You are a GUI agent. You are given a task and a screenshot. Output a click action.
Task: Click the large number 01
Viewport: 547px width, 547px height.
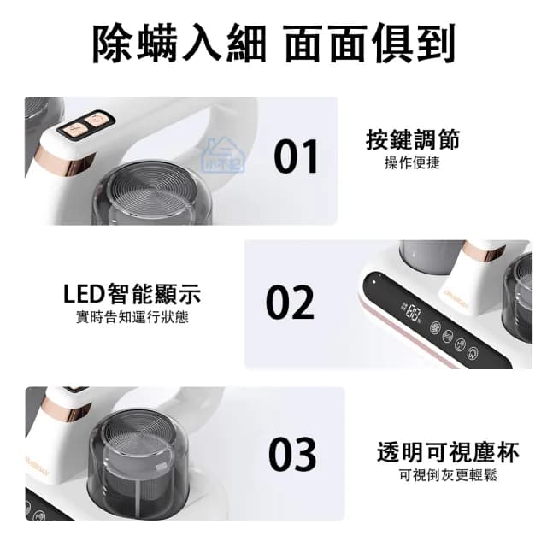click(x=296, y=156)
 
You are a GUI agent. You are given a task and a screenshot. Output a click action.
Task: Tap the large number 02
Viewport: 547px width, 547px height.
click(x=290, y=302)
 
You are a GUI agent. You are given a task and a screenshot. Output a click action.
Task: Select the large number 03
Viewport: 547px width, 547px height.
click(x=292, y=453)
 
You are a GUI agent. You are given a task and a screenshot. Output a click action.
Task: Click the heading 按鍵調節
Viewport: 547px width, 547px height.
click(x=412, y=139)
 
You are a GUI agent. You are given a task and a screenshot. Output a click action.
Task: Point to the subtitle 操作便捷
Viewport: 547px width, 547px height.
click(x=412, y=163)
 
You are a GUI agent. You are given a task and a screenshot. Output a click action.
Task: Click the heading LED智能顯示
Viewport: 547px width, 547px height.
click(x=132, y=294)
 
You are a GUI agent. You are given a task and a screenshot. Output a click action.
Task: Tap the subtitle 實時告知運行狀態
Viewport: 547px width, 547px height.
click(x=132, y=317)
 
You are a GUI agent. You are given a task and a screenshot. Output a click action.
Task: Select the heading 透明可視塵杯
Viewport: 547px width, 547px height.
click(x=448, y=452)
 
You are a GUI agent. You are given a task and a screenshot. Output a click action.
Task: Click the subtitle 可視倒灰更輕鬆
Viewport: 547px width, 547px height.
click(x=448, y=475)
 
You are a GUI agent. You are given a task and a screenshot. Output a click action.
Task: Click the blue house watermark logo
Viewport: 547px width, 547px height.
click(x=224, y=156)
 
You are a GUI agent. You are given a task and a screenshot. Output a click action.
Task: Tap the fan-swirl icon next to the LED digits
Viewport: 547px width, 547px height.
click(x=435, y=327)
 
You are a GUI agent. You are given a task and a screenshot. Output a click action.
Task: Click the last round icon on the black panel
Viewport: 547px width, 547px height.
click(x=473, y=353)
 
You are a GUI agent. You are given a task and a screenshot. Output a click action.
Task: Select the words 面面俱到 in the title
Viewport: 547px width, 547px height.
click(x=370, y=44)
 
